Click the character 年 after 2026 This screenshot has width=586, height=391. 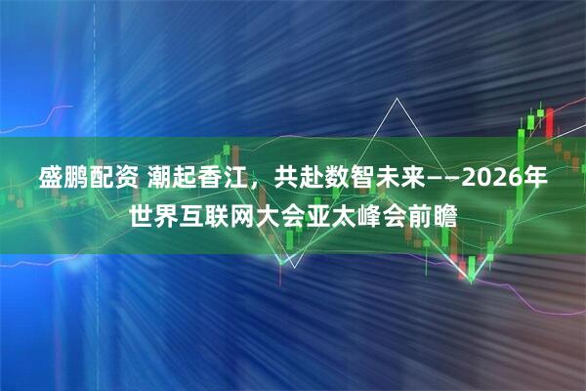coord(533,179)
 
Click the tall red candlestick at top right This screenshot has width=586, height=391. coord(549,122)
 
